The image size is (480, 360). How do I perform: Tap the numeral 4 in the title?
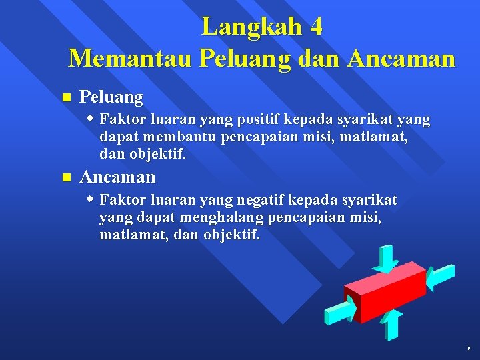[x=316, y=27]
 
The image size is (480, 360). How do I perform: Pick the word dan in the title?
[x=313, y=59]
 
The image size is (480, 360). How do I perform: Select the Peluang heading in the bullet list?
[x=111, y=97]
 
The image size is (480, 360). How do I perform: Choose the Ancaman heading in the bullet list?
[x=117, y=177]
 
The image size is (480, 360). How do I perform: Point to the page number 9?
[x=469, y=349]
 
